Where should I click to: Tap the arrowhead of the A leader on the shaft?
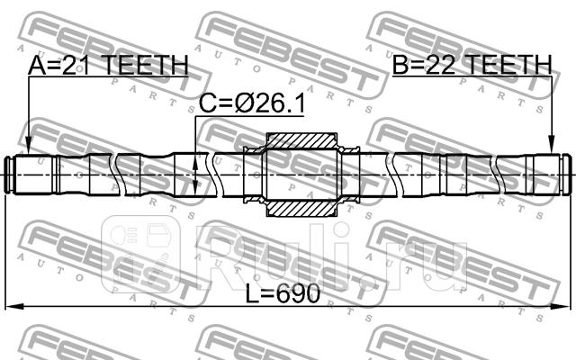point(28,153)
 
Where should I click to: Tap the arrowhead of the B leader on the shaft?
point(551,153)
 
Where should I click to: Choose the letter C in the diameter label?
point(207,106)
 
